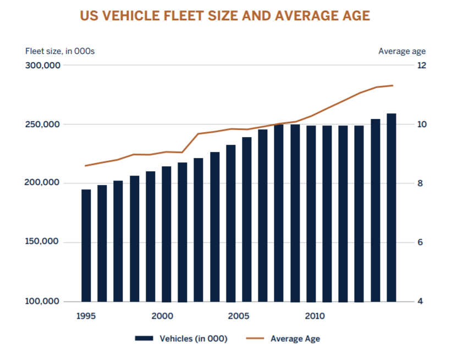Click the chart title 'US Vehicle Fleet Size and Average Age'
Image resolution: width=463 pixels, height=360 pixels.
coord(225,16)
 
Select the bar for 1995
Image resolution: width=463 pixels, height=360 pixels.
coord(86,246)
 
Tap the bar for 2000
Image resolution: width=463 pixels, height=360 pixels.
coord(167,234)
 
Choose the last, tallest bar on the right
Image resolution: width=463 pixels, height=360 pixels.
coord(392,208)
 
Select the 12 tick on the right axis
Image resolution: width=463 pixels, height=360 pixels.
coord(422,66)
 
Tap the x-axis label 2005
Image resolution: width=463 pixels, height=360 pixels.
coord(238,317)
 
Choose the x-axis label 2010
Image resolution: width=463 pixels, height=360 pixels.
coord(315,317)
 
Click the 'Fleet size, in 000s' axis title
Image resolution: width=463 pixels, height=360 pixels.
coord(60,51)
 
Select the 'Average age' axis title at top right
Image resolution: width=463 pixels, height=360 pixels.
coord(401,51)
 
